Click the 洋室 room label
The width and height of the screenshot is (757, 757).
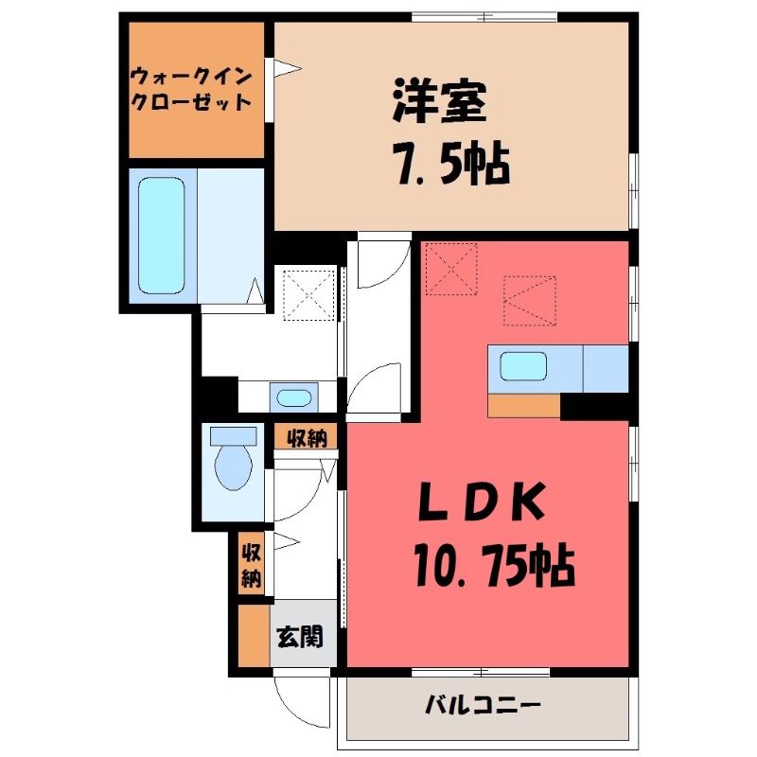(x=439, y=102)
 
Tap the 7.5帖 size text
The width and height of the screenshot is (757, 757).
(x=453, y=163)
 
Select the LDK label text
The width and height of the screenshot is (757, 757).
(x=482, y=502)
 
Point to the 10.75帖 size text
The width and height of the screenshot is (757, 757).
(x=494, y=564)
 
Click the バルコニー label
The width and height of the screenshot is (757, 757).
(x=483, y=705)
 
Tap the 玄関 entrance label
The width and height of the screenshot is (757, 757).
(x=300, y=637)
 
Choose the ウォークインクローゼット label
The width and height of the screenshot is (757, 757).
(x=192, y=89)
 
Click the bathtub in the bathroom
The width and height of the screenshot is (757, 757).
(x=161, y=236)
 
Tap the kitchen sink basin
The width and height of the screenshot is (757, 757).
(x=523, y=366)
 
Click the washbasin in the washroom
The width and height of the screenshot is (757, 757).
(x=293, y=397)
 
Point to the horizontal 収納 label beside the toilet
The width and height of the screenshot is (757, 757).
(x=307, y=438)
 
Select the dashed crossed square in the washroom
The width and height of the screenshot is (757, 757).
(x=309, y=295)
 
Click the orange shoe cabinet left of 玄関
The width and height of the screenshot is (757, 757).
(x=254, y=635)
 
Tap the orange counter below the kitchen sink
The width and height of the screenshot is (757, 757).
(x=524, y=406)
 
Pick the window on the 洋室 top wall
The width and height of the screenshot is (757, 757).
(x=484, y=17)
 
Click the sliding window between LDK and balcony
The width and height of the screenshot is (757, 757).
(x=481, y=672)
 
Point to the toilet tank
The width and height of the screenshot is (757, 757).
(x=233, y=436)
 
